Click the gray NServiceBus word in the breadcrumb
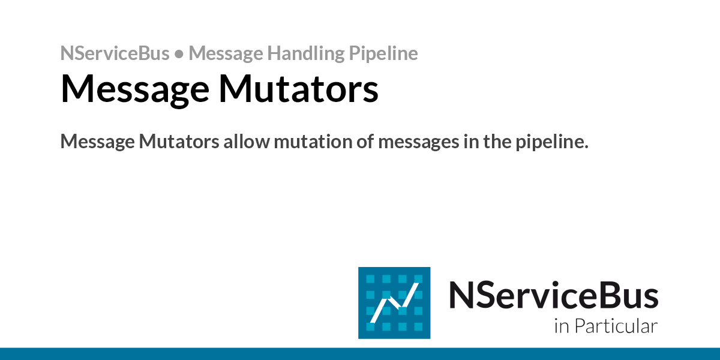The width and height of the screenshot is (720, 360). (x=115, y=53)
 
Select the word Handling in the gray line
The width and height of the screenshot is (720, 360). (x=305, y=53)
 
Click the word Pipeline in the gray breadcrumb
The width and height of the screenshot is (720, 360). (x=383, y=53)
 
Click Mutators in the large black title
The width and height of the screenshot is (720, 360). (x=299, y=88)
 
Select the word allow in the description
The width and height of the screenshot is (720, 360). (x=247, y=141)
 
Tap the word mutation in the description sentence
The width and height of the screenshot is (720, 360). (x=313, y=141)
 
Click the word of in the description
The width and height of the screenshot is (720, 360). (x=365, y=141)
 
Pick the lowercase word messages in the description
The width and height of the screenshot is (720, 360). (x=419, y=142)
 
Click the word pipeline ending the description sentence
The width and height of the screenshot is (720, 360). (x=552, y=142)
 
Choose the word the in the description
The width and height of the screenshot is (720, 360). (x=497, y=141)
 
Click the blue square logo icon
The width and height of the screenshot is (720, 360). (x=394, y=303)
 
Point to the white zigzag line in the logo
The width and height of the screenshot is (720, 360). (x=394, y=303)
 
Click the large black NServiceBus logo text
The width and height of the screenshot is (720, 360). (x=554, y=295)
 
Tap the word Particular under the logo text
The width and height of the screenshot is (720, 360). (x=616, y=326)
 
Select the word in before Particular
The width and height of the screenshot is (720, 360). (x=562, y=326)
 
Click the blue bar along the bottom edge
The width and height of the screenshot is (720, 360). (x=360, y=354)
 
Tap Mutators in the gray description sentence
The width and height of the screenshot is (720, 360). (x=179, y=141)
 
